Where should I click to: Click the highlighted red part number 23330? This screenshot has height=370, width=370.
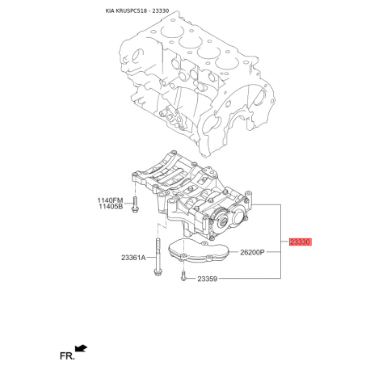point(301,242)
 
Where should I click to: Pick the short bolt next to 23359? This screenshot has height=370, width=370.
point(185,277)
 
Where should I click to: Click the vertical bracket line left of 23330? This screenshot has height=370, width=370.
point(280,242)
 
